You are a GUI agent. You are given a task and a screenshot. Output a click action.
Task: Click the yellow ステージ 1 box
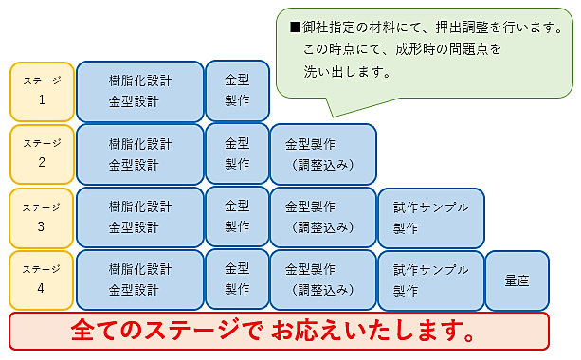pos(43,92)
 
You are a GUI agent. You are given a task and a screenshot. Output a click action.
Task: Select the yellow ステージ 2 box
pos(43,153)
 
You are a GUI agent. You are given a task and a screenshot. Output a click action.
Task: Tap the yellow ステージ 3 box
pos(43,217)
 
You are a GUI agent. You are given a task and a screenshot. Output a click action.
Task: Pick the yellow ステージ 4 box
pos(43,279)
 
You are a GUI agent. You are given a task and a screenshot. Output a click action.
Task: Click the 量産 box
pos(517,279)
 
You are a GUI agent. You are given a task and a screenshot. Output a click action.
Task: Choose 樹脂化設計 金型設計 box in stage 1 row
pos(140,92)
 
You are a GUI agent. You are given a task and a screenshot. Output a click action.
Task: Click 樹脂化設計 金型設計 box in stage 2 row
pos(140,153)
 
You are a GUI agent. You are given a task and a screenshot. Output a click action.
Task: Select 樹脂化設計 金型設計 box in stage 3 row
pos(140,217)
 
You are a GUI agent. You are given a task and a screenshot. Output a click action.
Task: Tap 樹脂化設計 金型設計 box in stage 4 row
pos(140,279)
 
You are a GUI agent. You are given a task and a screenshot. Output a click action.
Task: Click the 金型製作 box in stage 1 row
pos(237,92)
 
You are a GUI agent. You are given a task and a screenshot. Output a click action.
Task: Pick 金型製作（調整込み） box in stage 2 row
pos(322,153)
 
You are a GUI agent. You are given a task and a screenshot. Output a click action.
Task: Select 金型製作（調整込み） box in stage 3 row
pos(322,217)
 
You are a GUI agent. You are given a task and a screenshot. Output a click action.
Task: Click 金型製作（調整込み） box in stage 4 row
pos(322,279)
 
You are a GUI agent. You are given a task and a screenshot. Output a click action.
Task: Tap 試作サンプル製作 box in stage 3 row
pos(430,217)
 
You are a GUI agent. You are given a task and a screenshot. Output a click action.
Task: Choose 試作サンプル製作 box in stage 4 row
pos(430,279)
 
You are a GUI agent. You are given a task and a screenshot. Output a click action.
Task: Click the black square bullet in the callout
pos(296,27)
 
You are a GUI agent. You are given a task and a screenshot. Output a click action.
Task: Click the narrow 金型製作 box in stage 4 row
pos(237,279)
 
